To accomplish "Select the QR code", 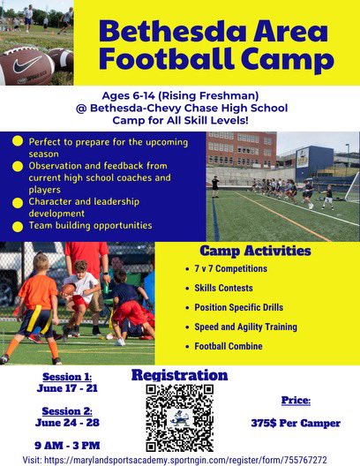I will click(179, 418).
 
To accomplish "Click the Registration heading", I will click(179, 375).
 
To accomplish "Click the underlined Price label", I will click(296, 400).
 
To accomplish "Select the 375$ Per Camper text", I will click(296, 423).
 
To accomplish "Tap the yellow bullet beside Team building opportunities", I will click(18, 226).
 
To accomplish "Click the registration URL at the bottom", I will click(180, 460).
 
